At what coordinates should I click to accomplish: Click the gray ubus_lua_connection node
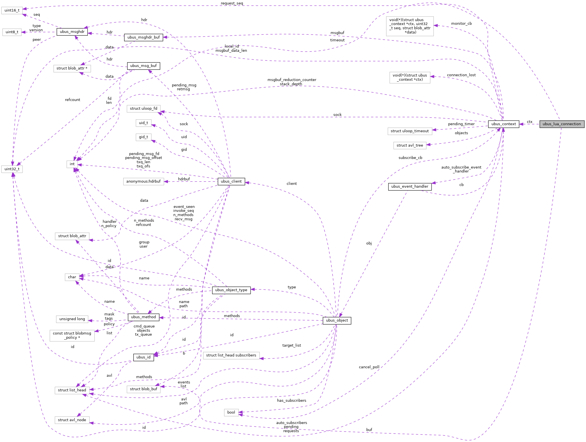[x=562, y=124]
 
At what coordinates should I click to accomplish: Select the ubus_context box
[x=503, y=124]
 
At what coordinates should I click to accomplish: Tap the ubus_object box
[x=337, y=320]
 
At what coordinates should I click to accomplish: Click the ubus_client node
[x=231, y=181]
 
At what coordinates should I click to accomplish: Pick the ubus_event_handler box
[x=410, y=187]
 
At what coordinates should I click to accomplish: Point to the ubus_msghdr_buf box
[x=143, y=37]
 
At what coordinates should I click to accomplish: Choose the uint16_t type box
[x=12, y=10]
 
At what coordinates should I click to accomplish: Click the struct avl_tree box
[x=410, y=145]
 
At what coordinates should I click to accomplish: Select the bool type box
[x=231, y=412]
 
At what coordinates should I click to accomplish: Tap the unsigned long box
[x=72, y=319]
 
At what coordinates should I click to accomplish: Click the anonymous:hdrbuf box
[x=143, y=181]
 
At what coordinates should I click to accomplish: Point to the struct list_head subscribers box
[x=231, y=355]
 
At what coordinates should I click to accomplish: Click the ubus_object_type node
[x=231, y=290]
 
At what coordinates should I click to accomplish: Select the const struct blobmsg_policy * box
[x=72, y=335]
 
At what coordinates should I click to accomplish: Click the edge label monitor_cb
[x=461, y=24]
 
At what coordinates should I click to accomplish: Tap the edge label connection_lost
[x=461, y=75]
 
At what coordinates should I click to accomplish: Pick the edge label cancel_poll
[x=369, y=367]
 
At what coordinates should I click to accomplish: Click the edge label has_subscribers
[x=291, y=401]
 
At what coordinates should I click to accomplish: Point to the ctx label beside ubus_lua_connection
[x=529, y=122]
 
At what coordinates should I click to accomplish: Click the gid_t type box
[x=143, y=137]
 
